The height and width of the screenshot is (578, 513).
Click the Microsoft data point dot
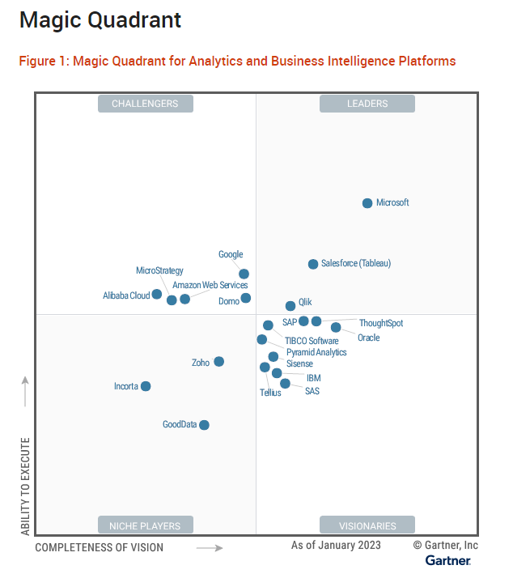367,203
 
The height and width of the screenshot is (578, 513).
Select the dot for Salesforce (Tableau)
313,264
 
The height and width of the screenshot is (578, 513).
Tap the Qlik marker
290,306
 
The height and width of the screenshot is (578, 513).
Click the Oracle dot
336,327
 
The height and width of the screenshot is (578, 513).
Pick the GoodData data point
204,425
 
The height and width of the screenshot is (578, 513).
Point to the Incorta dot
146,386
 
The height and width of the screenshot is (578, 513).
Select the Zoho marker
218,362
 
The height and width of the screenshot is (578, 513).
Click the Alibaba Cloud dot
157,295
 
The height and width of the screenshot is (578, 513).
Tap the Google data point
244,274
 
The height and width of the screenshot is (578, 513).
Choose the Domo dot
246,298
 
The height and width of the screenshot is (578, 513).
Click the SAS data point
285,384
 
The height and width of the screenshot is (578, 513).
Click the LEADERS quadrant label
367,104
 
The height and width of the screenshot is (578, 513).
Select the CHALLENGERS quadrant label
145,104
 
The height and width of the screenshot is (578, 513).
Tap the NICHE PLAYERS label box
145,525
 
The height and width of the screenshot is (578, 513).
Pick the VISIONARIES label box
367,525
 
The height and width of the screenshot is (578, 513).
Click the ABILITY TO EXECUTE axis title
25,487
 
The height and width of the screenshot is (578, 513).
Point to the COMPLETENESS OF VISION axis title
99,547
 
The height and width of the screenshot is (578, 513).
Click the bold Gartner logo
448,560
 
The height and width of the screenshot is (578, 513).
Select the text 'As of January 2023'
336,546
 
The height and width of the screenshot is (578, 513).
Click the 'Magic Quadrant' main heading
100,20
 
